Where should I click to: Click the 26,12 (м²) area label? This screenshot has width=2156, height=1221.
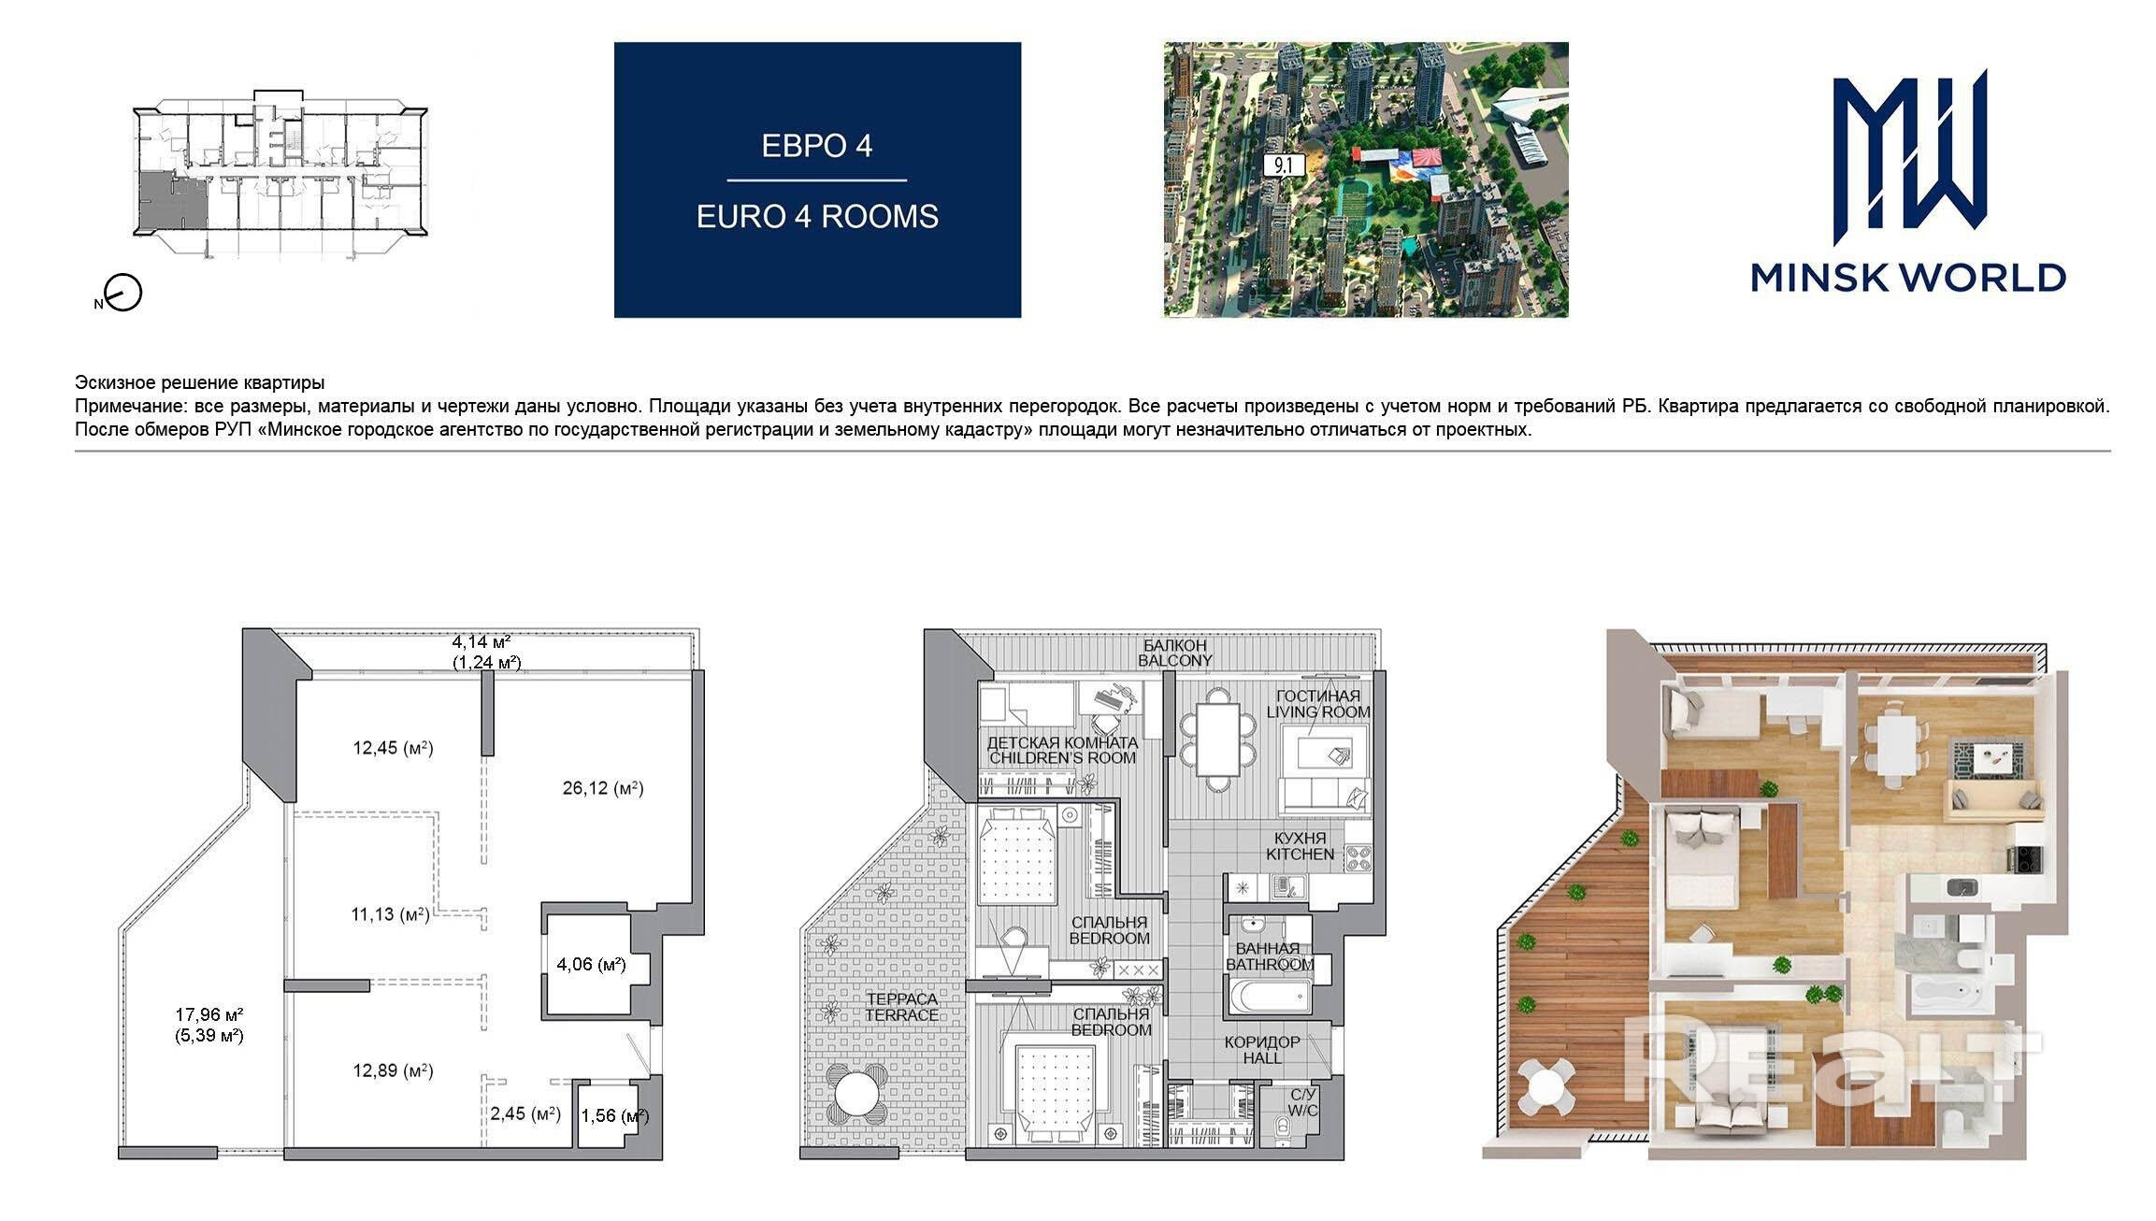click(x=603, y=788)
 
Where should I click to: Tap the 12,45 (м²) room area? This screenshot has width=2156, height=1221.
click(x=393, y=748)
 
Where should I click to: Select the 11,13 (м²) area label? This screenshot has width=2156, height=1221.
click(x=391, y=914)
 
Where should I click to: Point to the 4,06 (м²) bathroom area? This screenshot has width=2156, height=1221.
click(x=591, y=964)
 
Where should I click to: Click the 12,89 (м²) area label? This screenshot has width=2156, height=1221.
click(x=393, y=1070)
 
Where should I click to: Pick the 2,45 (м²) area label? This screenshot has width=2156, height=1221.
click(x=525, y=1113)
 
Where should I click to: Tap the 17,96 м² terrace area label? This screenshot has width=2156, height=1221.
click(x=209, y=1024)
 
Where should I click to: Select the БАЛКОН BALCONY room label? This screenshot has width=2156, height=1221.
click(x=1174, y=653)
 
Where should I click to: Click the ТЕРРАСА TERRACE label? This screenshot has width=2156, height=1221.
click(x=901, y=1007)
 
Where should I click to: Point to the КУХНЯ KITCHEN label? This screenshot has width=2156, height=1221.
click(x=1300, y=846)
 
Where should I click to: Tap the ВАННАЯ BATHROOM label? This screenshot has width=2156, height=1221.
click(x=1270, y=956)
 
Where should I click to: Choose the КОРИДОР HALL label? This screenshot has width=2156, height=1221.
click(x=1262, y=1050)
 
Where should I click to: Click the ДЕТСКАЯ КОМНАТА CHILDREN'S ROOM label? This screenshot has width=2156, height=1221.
click(x=1062, y=750)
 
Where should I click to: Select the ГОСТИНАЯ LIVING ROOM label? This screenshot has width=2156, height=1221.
click(x=1318, y=704)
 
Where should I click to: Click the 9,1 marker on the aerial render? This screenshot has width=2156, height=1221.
click(x=1284, y=166)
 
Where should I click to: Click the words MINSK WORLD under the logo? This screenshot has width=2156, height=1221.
click(x=1908, y=278)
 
